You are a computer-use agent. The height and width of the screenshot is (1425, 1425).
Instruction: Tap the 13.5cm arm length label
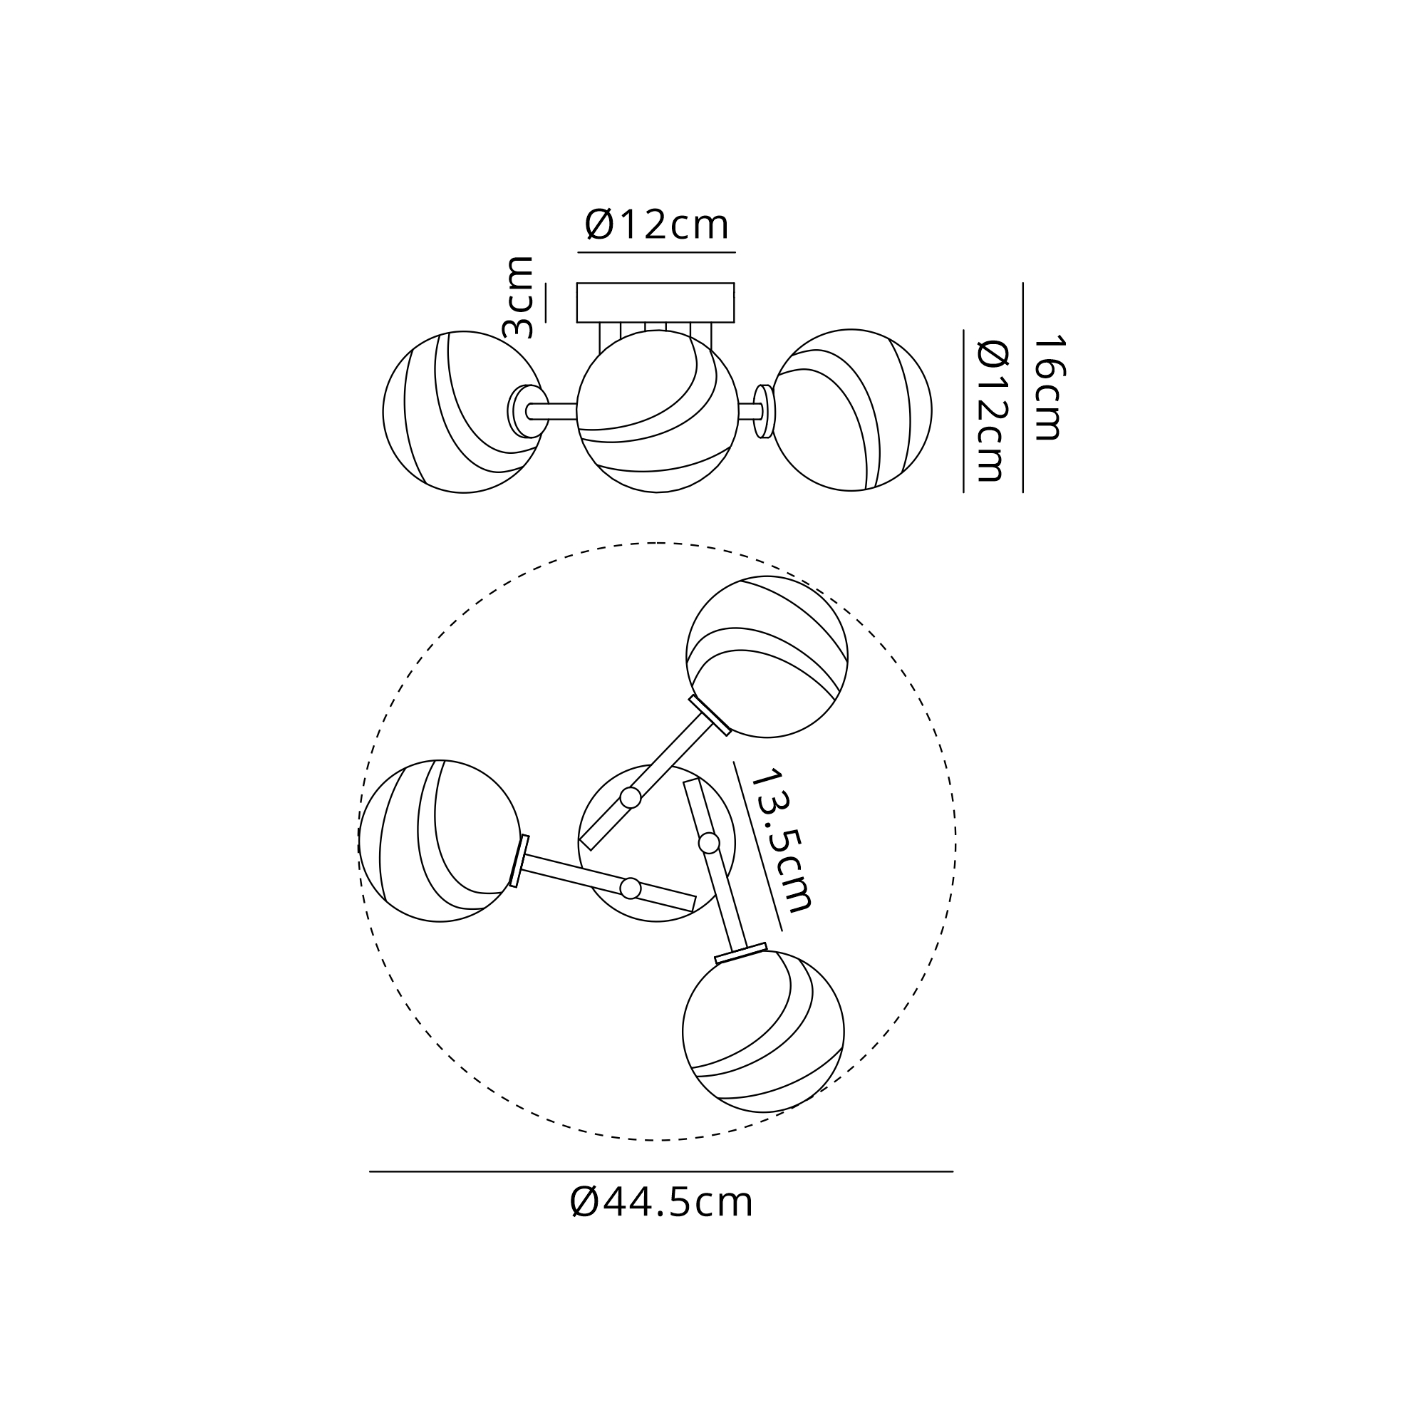coord(780,840)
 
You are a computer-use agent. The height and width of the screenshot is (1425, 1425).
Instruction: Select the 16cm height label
coord(1048,388)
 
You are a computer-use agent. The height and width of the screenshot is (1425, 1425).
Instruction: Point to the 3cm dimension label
coord(518,297)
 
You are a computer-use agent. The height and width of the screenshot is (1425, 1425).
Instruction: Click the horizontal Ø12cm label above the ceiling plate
coord(656,224)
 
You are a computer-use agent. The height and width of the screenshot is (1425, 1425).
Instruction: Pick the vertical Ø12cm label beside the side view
coord(990,412)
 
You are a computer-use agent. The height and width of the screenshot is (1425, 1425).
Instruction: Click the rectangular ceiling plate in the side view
coord(655,302)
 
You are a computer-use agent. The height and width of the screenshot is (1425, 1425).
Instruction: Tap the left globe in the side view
coord(463,412)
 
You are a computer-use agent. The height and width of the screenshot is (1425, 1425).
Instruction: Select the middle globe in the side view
coord(657,411)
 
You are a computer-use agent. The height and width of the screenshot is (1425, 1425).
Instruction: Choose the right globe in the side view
coord(851,410)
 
